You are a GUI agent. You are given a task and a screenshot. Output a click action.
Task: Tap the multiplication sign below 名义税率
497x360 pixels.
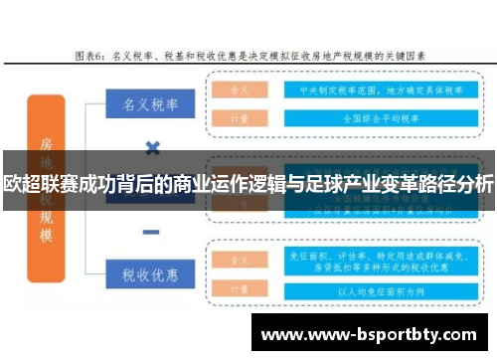[x=152, y=148]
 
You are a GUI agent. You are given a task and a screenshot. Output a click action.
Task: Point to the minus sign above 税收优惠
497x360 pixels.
[x=152, y=232]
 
